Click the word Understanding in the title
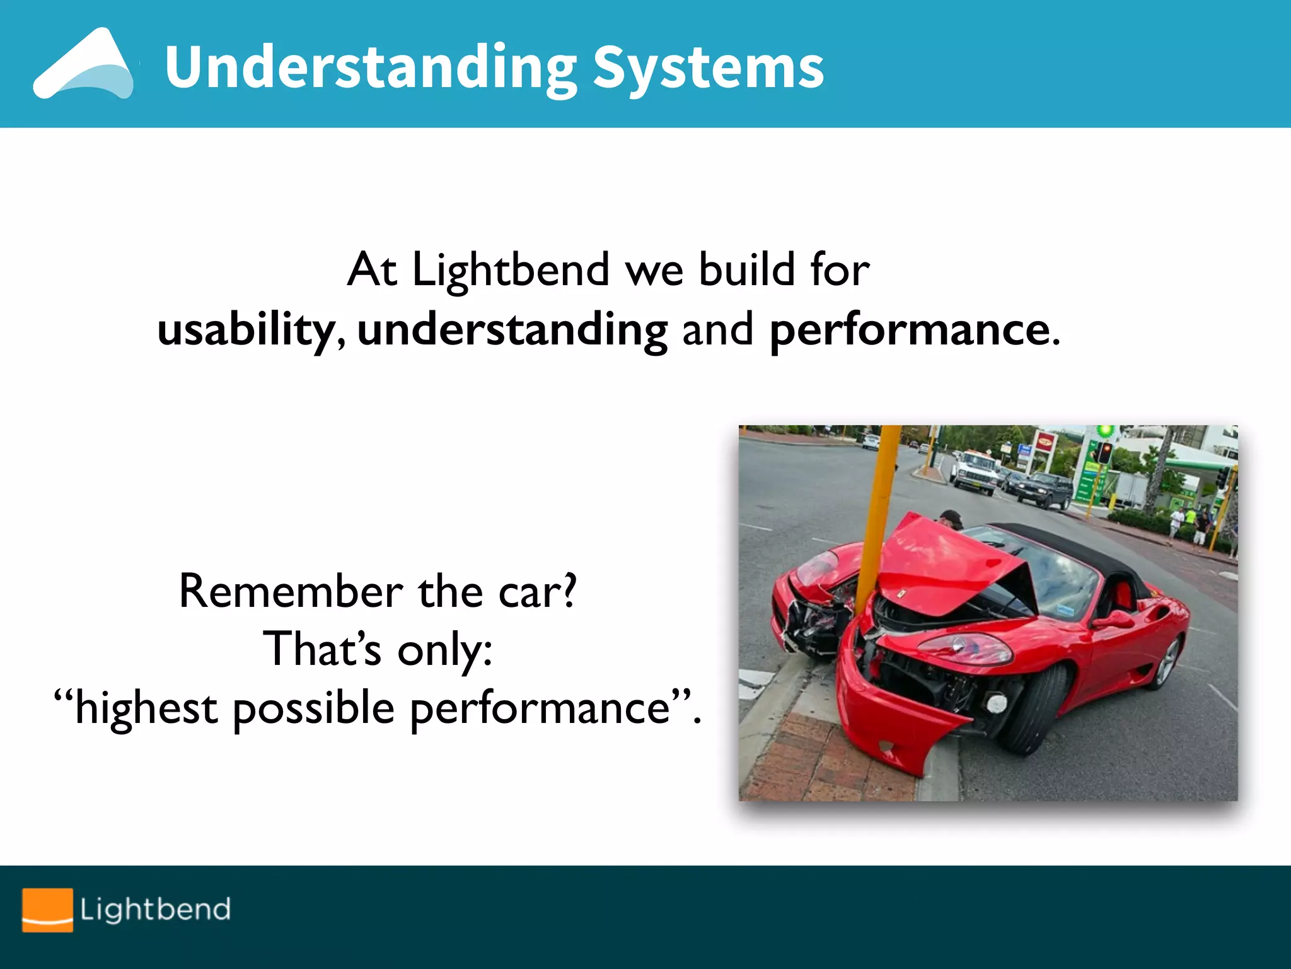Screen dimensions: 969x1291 371,68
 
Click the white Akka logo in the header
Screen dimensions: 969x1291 84,64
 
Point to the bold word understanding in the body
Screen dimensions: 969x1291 512,330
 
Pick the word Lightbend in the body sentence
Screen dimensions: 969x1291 511,270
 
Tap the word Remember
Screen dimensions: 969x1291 291,592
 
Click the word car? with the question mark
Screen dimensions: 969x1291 537,592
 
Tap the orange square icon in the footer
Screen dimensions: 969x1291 47,910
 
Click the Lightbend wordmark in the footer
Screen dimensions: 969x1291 155,910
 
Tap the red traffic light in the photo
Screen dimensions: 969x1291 1105,452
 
